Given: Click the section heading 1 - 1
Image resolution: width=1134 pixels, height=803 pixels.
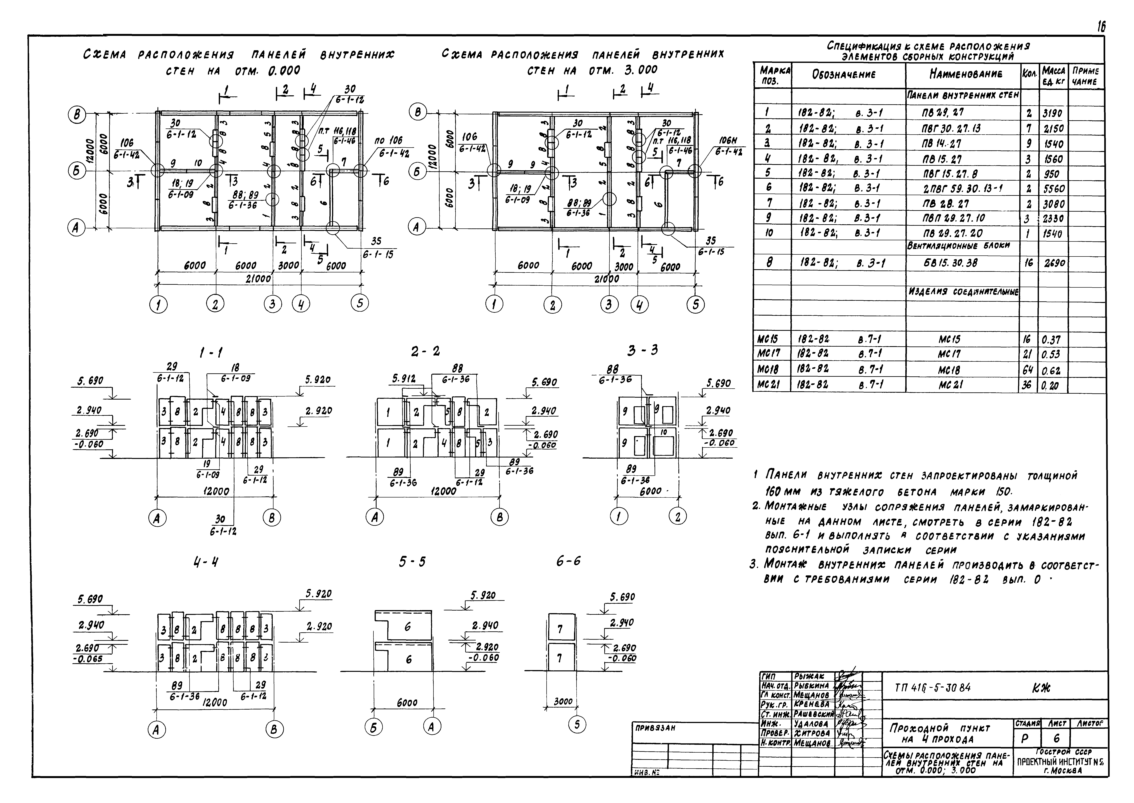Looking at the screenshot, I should click(211, 353).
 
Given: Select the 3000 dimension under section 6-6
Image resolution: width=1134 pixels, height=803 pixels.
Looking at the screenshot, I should click(563, 701).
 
